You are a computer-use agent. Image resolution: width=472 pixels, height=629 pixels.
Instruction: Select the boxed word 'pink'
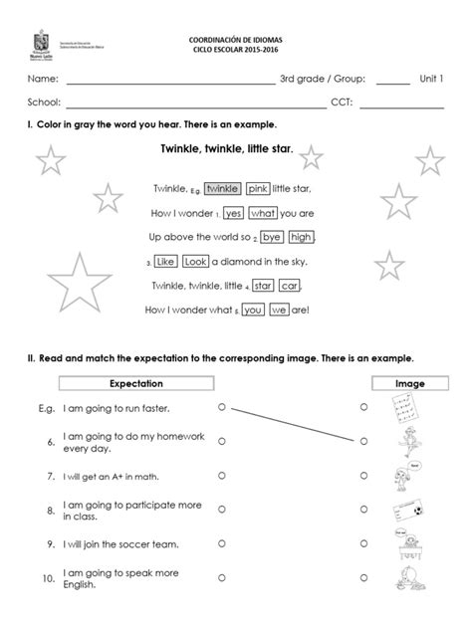pyautogui.click(x=258, y=188)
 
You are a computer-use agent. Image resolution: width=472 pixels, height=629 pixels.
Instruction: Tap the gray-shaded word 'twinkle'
pyautogui.click(x=224, y=188)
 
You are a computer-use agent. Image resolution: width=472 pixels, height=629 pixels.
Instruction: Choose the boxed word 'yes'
pyautogui.click(x=234, y=213)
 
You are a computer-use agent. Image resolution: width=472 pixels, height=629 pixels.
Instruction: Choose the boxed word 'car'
pyautogui.click(x=290, y=286)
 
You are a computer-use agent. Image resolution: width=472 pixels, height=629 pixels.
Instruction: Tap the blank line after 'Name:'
pyautogui.click(x=170, y=81)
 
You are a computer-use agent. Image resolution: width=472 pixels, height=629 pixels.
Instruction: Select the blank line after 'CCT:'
pyautogui.click(x=403, y=104)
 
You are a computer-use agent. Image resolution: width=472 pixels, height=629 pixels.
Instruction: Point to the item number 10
pyautogui.click(x=48, y=577)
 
